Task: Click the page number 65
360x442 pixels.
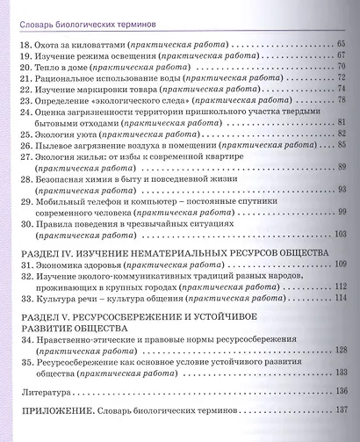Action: pyautogui.click(x=343, y=42)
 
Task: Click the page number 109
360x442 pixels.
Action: pyautogui.click(x=341, y=264)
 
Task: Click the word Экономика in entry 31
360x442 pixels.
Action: pyautogui.click(x=63, y=264)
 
